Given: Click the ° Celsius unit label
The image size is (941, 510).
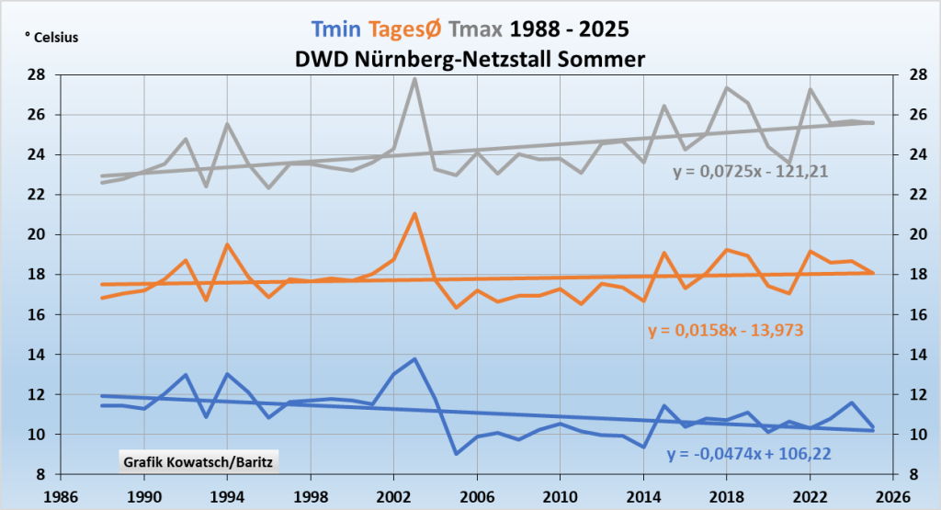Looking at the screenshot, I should pos(53,38).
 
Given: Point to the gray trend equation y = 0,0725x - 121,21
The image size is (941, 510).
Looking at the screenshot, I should pos(751,170).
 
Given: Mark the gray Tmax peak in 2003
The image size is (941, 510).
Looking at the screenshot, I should pos(414,79).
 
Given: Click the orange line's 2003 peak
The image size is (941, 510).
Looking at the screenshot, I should pos(414,214).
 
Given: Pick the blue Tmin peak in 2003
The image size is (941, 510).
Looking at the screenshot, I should pos(414,359).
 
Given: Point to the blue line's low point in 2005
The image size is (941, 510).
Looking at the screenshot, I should pos(456,453).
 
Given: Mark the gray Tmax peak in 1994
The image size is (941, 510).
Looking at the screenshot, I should pos(227,124).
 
